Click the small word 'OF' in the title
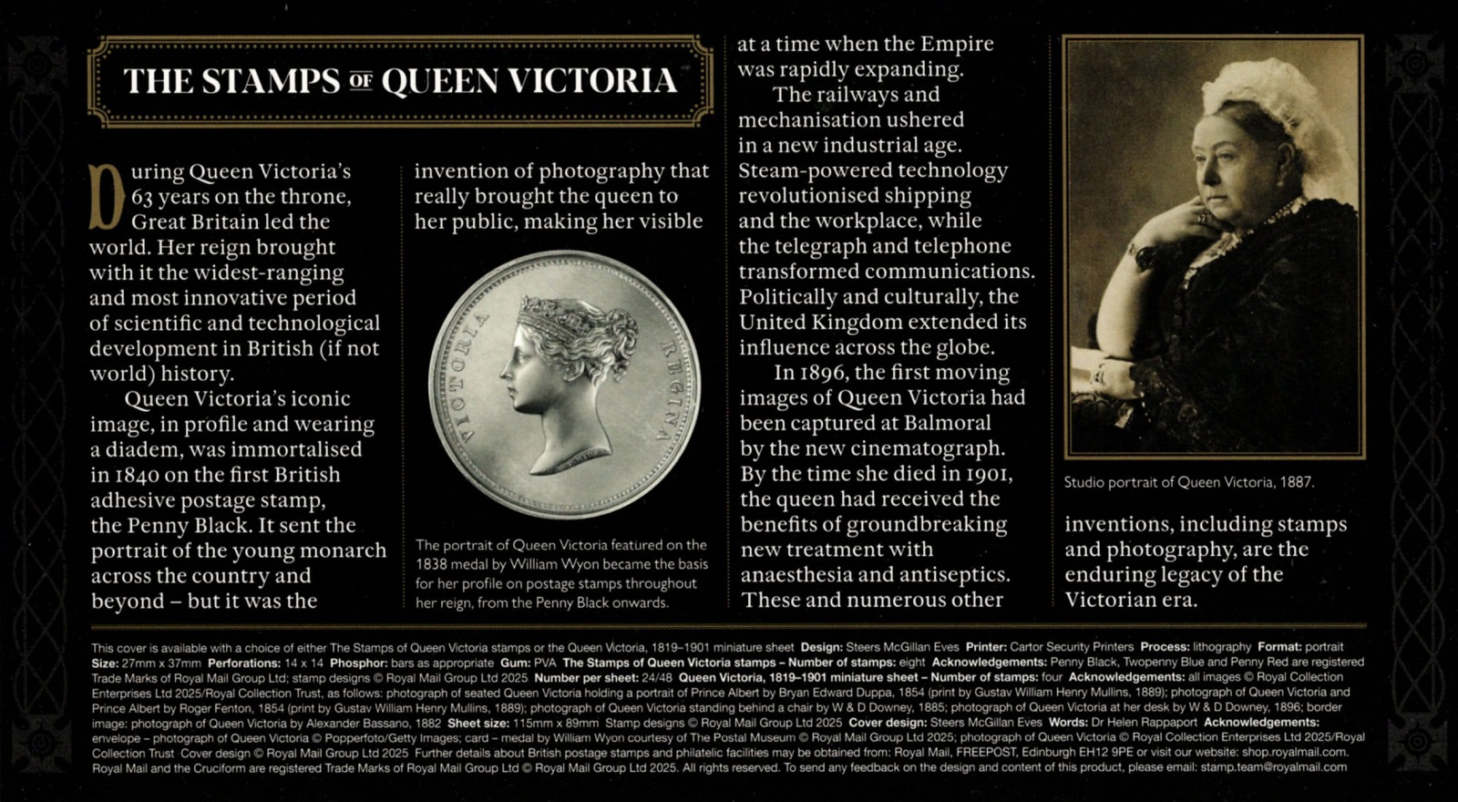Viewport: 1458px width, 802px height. (361, 82)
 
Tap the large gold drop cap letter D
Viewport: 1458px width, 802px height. (107, 197)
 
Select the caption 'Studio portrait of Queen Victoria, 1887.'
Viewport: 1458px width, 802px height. (1188, 482)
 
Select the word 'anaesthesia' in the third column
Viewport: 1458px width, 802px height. (796, 575)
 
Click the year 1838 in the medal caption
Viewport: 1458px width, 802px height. (435, 564)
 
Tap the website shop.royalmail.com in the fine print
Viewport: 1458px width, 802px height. (1294, 752)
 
